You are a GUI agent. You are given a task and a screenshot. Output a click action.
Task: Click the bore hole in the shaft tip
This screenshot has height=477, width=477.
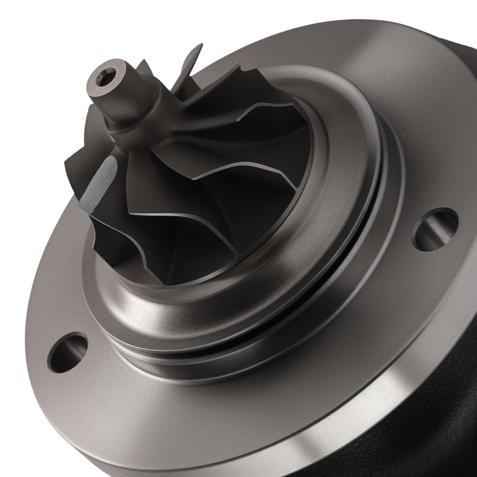[106, 75]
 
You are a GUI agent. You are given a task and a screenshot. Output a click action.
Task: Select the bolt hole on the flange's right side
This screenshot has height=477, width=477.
[435, 229]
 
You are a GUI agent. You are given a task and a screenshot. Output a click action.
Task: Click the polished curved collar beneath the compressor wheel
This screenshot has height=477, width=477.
[191, 305]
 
